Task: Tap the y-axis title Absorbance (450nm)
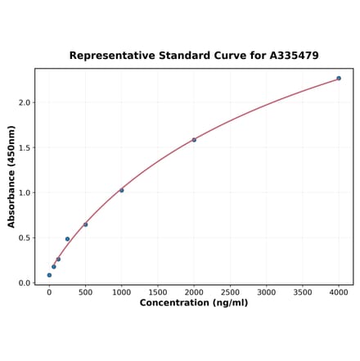click(11, 177)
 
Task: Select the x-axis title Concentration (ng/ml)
click(194, 303)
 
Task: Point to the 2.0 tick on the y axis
click(24, 103)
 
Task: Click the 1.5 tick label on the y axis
click(24, 148)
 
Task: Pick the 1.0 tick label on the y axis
click(24, 193)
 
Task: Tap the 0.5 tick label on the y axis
click(24, 238)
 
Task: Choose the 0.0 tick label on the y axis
click(24, 283)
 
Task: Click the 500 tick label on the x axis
click(85, 291)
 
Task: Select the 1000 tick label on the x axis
click(121, 291)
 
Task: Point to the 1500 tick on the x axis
click(158, 291)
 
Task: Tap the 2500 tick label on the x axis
click(230, 291)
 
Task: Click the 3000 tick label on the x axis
click(266, 291)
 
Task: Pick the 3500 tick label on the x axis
click(303, 291)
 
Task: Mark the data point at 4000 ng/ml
click(339, 79)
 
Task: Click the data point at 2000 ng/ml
click(194, 140)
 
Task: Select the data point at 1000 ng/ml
click(122, 191)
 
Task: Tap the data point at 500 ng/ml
click(85, 224)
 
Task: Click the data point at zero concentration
click(49, 275)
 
